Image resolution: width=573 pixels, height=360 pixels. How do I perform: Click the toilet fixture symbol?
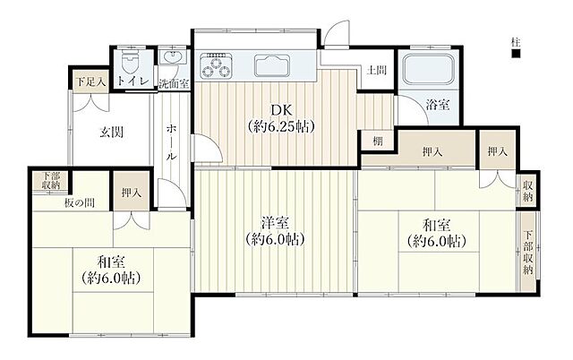[129, 63]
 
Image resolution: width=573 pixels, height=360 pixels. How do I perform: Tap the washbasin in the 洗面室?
[174, 57]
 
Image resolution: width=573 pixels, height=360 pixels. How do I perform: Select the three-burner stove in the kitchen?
[216, 65]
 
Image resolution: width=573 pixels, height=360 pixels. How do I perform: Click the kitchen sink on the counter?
[272, 65]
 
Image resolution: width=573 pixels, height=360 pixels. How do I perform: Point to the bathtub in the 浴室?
[429, 70]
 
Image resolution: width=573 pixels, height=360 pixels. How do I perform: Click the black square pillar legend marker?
[516, 54]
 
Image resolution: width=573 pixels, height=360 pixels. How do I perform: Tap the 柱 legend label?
[516, 42]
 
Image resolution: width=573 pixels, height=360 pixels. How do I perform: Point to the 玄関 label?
[111, 133]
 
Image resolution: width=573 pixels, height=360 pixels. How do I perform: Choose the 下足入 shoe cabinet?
[90, 81]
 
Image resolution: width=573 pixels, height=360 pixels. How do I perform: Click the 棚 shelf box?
[378, 141]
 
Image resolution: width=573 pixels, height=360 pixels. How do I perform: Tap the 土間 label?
[376, 70]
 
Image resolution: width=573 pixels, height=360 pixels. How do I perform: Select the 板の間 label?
[80, 203]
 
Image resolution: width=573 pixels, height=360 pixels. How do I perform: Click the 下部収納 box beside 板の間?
[50, 181]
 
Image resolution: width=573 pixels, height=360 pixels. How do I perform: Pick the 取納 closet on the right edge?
[527, 191]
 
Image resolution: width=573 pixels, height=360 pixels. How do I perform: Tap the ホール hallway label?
[172, 142]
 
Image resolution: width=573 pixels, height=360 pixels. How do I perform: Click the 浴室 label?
[438, 105]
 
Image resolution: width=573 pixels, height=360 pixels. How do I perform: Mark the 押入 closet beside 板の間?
[132, 192]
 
